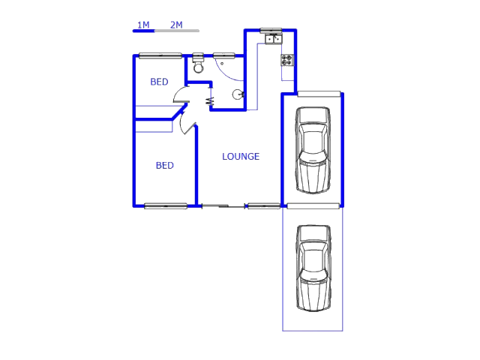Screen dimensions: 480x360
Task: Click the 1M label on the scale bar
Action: click(142, 25)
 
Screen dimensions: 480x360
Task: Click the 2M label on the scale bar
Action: click(176, 25)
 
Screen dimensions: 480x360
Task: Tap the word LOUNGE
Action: click(241, 157)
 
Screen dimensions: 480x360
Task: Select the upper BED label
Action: click(159, 82)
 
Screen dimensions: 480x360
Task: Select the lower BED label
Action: click(164, 166)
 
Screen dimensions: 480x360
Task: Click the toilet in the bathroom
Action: click(198, 65)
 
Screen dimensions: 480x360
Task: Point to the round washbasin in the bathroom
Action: click(238, 94)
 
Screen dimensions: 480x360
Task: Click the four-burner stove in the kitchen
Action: click(287, 59)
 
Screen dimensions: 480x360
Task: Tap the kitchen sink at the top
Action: click(271, 37)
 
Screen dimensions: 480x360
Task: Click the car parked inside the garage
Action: click(313, 150)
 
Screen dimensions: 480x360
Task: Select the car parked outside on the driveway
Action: click(313, 268)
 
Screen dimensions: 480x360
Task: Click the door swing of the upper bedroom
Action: click(181, 95)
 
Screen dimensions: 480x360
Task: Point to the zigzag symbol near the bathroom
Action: click(209, 99)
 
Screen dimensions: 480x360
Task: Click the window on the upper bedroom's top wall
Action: click(160, 55)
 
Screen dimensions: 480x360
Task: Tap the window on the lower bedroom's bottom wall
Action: click(166, 205)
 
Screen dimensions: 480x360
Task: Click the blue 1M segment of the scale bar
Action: click(143, 31)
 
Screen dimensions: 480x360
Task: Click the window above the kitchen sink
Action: click(271, 31)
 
